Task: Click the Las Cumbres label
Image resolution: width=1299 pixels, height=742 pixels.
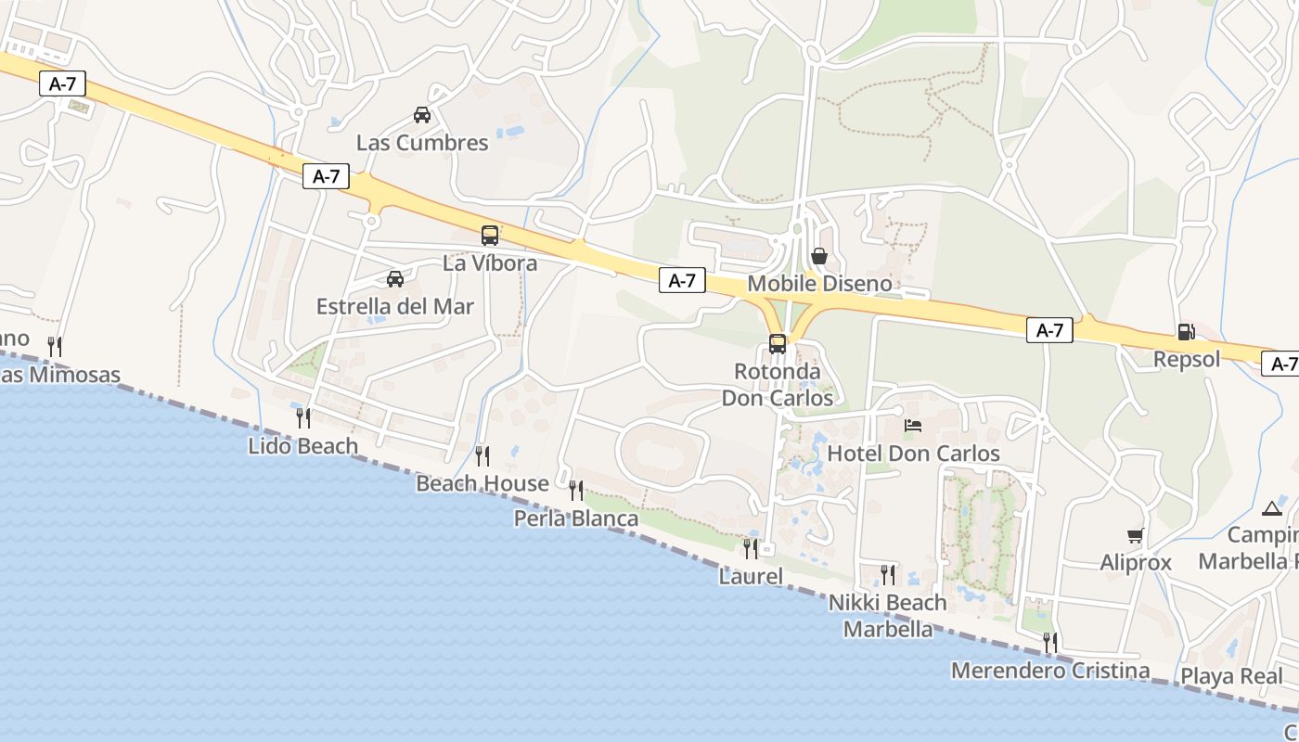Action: click(x=422, y=143)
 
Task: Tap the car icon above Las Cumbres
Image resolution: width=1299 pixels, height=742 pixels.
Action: click(x=422, y=115)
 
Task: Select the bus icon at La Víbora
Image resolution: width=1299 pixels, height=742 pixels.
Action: click(x=490, y=236)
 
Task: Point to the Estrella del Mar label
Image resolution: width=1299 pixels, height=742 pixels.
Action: click(x=395, y=307)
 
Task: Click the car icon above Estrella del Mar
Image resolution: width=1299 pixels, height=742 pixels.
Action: click(x=395, y=278)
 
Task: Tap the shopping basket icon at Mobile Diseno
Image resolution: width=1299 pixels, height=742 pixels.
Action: click(x=818, y=256)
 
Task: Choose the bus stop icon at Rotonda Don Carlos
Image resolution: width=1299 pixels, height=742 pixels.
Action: click(x=778, y=344)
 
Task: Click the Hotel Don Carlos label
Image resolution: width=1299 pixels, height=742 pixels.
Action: click(x=913, y=454)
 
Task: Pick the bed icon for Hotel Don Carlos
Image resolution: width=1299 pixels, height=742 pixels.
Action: click(x=913, y=426)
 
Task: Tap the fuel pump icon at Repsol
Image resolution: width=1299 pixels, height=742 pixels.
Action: click(x=1186, y=331)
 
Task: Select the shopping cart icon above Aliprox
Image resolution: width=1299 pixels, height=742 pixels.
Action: click(x=1135, y=535)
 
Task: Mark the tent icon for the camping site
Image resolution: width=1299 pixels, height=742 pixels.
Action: click(x=1271, y=508)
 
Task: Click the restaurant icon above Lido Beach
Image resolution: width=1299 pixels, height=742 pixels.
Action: click(x=302, y=417)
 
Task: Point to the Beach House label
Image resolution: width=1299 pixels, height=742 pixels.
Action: click(x=482, y=483)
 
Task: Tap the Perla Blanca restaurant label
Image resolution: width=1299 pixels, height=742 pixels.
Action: click(x=576, y=518)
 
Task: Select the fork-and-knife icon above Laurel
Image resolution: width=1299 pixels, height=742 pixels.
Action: click(x=751, y=548)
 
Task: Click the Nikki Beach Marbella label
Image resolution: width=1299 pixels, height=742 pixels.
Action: click(x=888, y=616)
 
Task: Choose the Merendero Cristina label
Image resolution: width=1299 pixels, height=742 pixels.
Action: click(x=1050, y=671)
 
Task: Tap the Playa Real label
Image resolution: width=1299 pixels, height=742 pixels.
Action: click(x=1231, y=676)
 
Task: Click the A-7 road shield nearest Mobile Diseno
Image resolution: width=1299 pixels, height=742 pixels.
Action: click(x=682, y=281)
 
